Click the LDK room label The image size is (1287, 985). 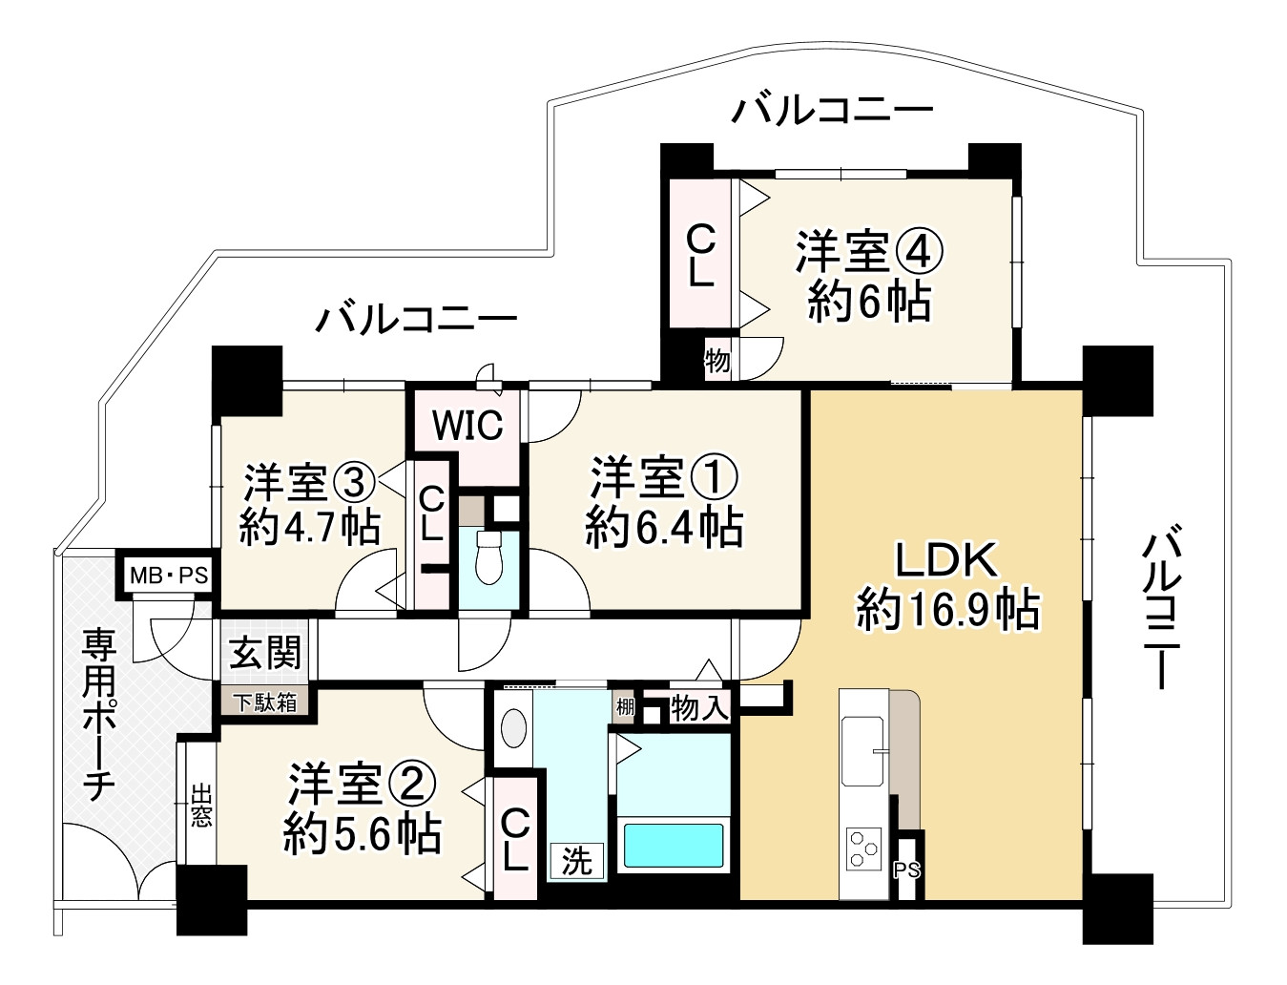tap(946, 560)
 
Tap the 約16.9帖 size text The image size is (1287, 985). tap(946, 609)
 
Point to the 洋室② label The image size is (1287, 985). tap(363, 785)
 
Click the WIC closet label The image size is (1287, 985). tap(467, 426)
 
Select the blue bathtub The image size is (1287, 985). tap(674, 845)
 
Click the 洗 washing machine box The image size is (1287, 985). tap(576, 862)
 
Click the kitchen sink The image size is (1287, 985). tap(863, 749)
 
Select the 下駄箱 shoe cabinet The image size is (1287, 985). tap(266, 702)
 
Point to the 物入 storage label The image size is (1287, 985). tap(699, 708)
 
